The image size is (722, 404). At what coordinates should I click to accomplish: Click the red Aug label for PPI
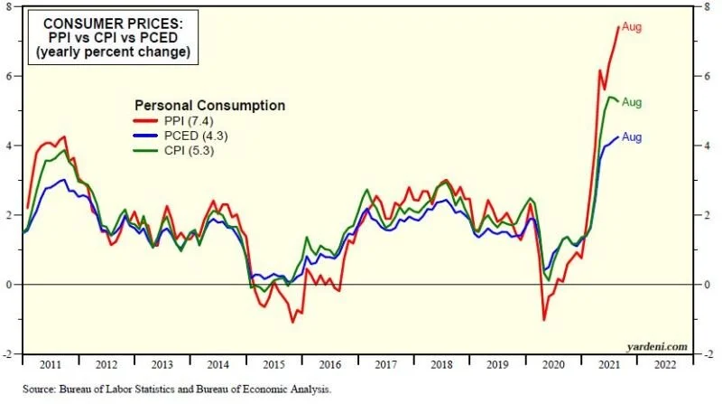[632, 27]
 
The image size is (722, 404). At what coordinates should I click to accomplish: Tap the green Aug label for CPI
[632, 102]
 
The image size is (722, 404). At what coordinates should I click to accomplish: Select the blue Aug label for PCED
[632, 137]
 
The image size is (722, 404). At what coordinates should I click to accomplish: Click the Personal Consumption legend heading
[209, 106]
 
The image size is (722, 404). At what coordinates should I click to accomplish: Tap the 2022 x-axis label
[662, 365]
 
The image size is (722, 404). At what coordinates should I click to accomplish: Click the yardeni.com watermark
[659, 345]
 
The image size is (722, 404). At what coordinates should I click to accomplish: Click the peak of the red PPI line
[618, 27]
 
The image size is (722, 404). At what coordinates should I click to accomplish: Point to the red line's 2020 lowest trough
[544, 319]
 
